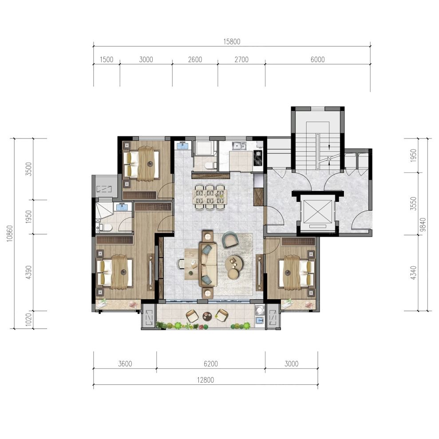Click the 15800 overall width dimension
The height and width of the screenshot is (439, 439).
(232, 42)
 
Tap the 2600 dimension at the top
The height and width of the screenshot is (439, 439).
(195, 59)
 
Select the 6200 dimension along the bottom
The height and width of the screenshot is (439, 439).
(211, 364)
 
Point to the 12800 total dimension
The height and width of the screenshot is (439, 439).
(206, 380)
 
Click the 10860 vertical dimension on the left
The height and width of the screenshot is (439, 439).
(10, 233)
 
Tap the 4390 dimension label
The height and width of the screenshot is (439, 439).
(28, 273)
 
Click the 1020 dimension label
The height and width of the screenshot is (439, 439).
(28, 320)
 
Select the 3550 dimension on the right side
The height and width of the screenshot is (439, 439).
(413, 204)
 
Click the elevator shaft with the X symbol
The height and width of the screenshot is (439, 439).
(318, 212)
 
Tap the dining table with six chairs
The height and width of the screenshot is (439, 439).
(210, 197)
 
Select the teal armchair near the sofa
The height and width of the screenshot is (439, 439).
(229, 239)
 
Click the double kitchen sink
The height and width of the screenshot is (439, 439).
(239, 146)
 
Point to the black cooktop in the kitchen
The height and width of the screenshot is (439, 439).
(257, 158)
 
